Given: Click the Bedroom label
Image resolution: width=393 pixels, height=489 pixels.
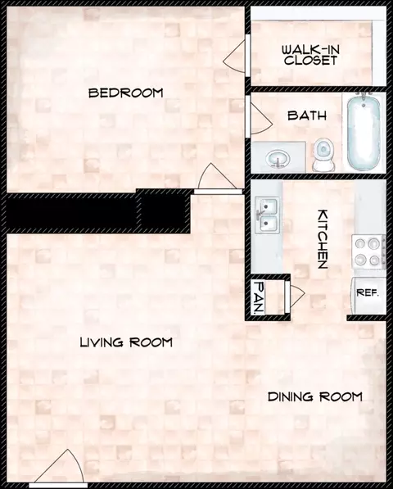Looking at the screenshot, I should click(125, 93).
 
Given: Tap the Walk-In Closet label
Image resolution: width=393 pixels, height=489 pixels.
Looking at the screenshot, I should click(310, 55).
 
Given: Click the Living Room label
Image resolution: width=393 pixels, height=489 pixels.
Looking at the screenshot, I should click(126, 342).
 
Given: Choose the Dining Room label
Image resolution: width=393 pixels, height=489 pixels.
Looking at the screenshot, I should click(315, 397).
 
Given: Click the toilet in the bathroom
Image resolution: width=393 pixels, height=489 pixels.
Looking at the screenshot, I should click(323, 154).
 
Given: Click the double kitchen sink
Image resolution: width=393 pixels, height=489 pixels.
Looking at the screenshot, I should click(267, 215).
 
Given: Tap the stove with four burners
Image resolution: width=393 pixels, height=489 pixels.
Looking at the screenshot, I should click(368, 251).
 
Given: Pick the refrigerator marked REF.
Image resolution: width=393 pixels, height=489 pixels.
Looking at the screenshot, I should click(365, 292).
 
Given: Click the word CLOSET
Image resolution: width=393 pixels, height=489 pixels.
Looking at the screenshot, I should click(310, 61).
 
